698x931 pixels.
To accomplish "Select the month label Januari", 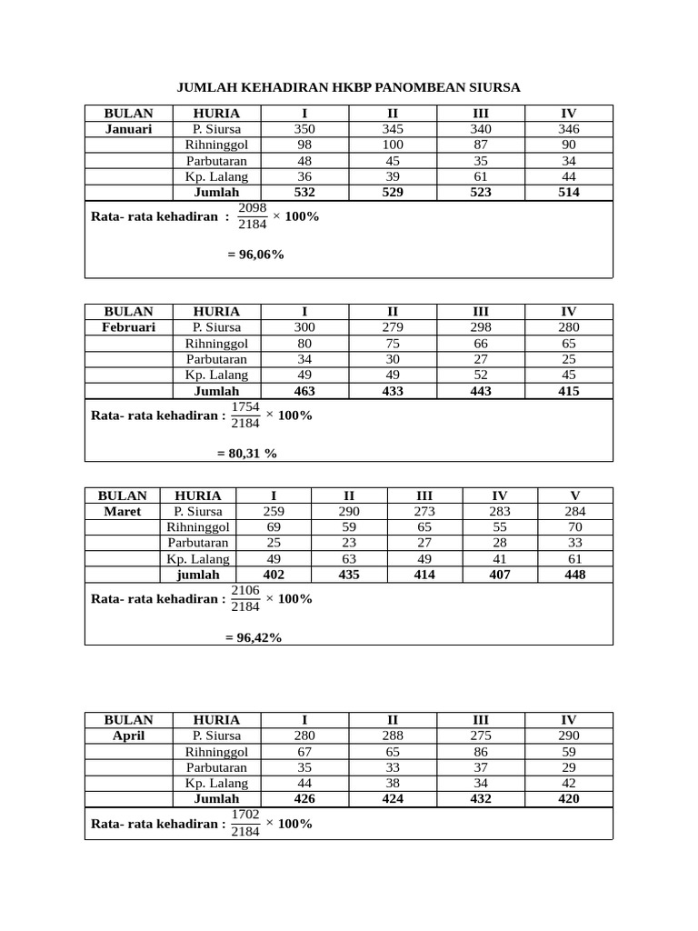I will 128,129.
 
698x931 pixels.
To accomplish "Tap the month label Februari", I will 128,327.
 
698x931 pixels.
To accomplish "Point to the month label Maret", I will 122,511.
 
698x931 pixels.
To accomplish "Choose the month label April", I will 128,735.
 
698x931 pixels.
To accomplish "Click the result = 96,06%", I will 255,255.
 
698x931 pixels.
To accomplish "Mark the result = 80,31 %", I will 246,453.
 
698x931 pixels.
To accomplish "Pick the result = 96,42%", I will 254,638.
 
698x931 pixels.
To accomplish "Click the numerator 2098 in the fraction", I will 252,208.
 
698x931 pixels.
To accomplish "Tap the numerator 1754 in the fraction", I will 245,406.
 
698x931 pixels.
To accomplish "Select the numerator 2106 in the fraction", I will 245,590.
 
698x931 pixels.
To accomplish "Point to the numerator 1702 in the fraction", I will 245,814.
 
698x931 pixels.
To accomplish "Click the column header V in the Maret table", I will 574,496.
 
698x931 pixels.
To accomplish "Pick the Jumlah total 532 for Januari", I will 304,193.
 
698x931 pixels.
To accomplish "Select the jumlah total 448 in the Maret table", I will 574,575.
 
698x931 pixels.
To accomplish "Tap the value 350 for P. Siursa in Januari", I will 304,129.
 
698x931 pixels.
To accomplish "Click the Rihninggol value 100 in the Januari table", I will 393,145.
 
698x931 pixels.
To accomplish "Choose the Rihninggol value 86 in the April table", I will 481,751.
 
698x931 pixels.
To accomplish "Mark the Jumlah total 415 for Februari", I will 569,391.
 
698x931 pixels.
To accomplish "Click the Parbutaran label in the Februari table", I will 216,358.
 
